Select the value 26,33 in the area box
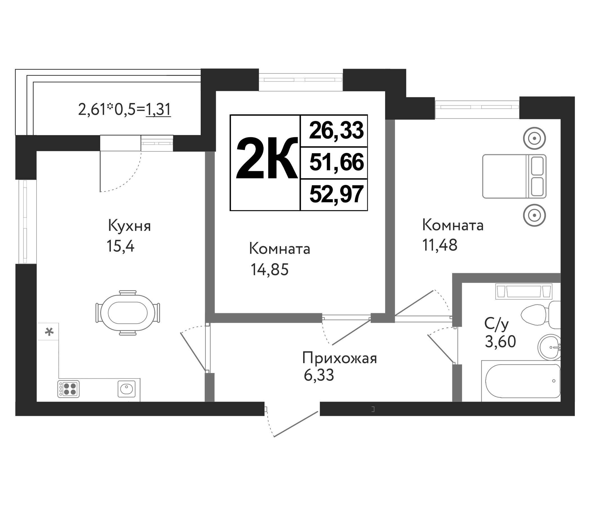tap(336, 131)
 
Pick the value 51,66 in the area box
tap(336, 162)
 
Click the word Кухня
tap(129, 226)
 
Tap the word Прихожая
tap(339, 358)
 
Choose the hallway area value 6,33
tap(319, 376)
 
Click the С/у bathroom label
tap(496, 324)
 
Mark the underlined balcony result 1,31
tap(158, 110)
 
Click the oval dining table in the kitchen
tap(127, 313)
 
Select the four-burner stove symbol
tap(68, 389)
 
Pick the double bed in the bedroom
tap(514, 176)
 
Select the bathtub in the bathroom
tap(523, 381)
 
